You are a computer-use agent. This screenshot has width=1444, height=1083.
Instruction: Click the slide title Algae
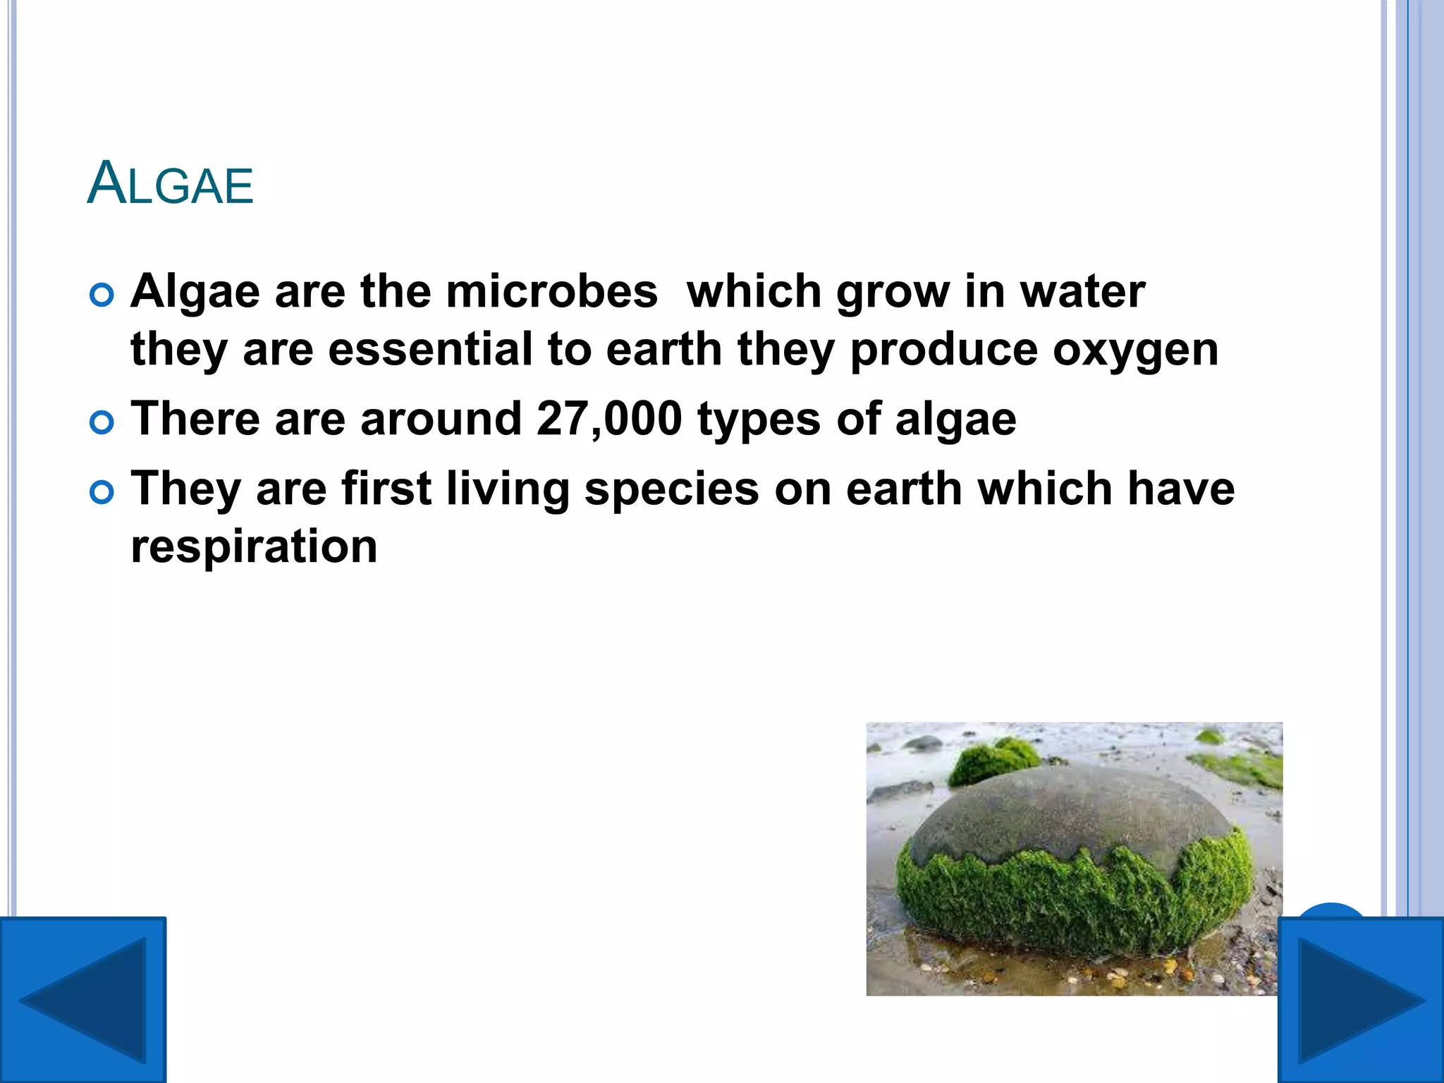pyautogui.click(x=170, y=184)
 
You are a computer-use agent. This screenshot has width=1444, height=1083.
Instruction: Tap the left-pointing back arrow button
pyautogui.click(x=82, y=1000)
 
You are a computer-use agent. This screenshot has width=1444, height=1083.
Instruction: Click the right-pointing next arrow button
pyautogui.click(x=1361, y=1000)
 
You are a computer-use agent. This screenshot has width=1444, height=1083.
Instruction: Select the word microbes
pyautogui.click(x=551, y=291)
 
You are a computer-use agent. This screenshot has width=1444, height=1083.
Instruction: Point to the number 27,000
pyautogui.click(x=609, y=419)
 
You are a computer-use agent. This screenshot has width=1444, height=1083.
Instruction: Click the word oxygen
pyautogui.click(x=1135, y=350)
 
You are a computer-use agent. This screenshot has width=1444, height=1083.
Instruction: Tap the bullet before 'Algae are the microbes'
pyautogui.click(x=102, y=295)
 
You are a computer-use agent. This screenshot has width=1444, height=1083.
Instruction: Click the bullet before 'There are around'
pyautogui.click(x=102, y=423)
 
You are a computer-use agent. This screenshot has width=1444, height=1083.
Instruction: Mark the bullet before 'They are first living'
pyautogui.click(x=102, y=493)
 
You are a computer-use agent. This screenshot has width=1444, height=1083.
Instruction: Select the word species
pyautogui.click(x=672, y=489)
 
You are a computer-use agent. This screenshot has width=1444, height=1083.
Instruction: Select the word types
pyautogui.click(x=759, y=420)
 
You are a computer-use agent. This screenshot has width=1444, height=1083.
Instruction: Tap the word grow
pyautogui.click(x=892, y=293)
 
